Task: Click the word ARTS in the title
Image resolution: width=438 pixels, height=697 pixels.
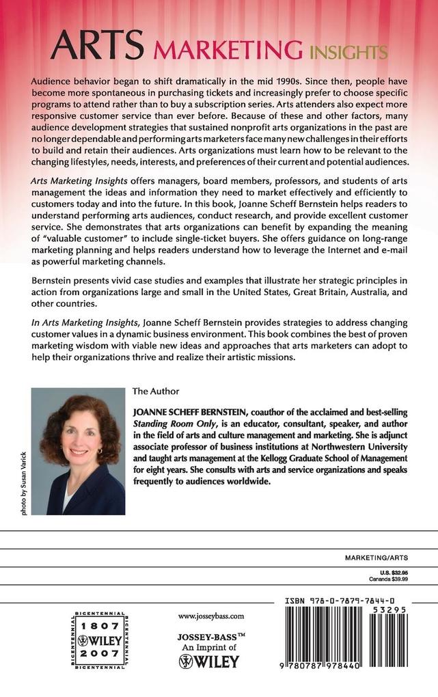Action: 96,49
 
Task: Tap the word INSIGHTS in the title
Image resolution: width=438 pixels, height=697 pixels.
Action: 347,51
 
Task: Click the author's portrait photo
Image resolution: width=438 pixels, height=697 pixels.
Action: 78,451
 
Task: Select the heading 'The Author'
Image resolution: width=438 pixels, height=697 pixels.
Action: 155,392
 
